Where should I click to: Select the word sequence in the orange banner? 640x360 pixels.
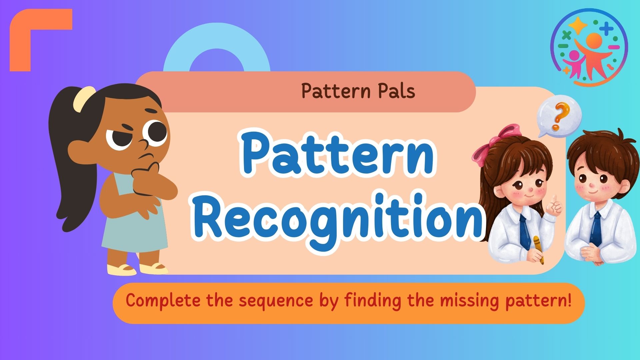276,301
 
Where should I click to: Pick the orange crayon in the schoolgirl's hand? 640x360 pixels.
538,248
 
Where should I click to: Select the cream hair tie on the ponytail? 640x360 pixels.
84,99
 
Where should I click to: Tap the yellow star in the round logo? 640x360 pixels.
578,25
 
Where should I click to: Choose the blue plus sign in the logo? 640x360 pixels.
606,28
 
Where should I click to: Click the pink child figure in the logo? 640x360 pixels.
575,63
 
